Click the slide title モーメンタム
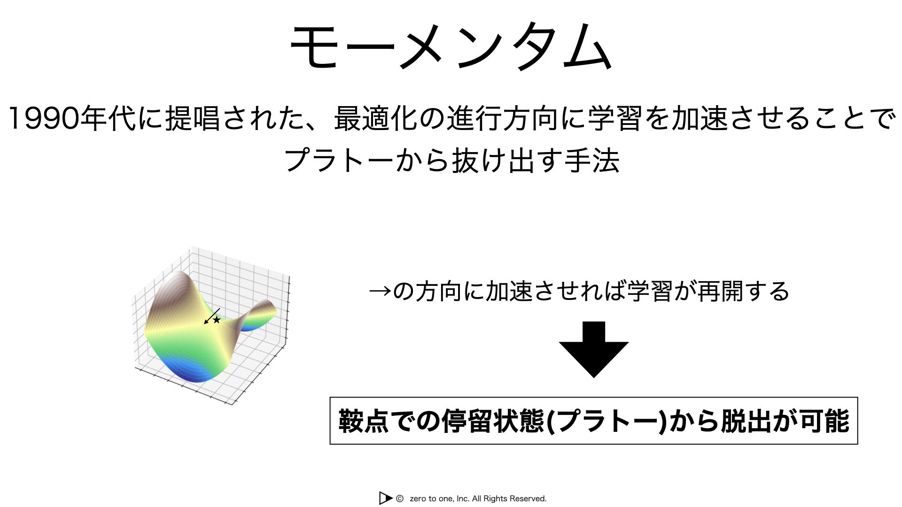click(x=451, y=46)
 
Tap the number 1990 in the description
click(x=44, y=118)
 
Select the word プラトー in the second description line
click(x=339, y=160)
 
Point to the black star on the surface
click(x=217, y=320)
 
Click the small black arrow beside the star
click(x=211, y=316)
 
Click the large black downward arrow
click(x=594, y=349)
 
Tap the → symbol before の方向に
click(x=380, y=292)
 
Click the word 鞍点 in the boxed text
click(x=364, y=421)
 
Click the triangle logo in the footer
click(x=386, y=498)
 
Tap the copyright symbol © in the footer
click(x=400, y=499)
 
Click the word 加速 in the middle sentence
click(x=509, y=291)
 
